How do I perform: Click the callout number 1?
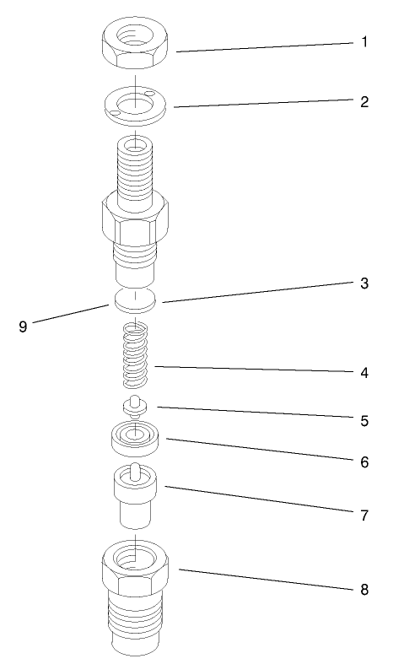click(364, 41)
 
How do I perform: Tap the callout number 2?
click(364, 102)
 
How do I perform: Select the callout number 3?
click(364, 283)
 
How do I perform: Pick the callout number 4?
click(364, 372)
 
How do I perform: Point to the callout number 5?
click(364, 419)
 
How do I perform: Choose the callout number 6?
click(364, 462)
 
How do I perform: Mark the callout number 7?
click(364, 514)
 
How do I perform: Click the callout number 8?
click(364, 588)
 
